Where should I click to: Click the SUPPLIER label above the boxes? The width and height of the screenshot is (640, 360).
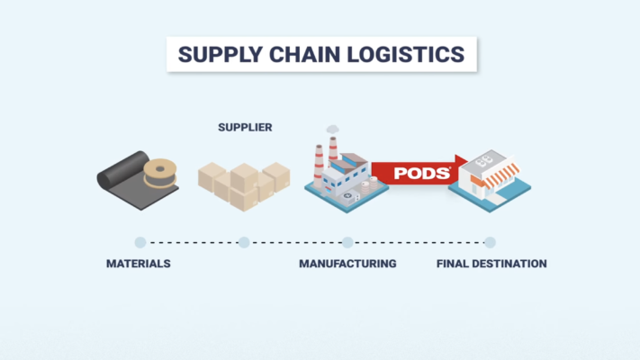[x=245, y=128]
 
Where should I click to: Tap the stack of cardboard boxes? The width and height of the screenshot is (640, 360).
[x=243, y=185]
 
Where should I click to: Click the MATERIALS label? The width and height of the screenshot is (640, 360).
[x=139, y=264]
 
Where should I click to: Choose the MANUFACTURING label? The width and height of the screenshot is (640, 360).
[x=347, y=264]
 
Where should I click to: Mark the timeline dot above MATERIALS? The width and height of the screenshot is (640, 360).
[x=140, y=242]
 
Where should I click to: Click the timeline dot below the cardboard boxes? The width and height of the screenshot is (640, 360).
[x=244, y=242]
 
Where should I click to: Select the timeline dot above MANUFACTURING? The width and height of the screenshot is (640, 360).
[x=347, y=242]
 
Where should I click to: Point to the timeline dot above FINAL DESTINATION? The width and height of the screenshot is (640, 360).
[x=490, y=242]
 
